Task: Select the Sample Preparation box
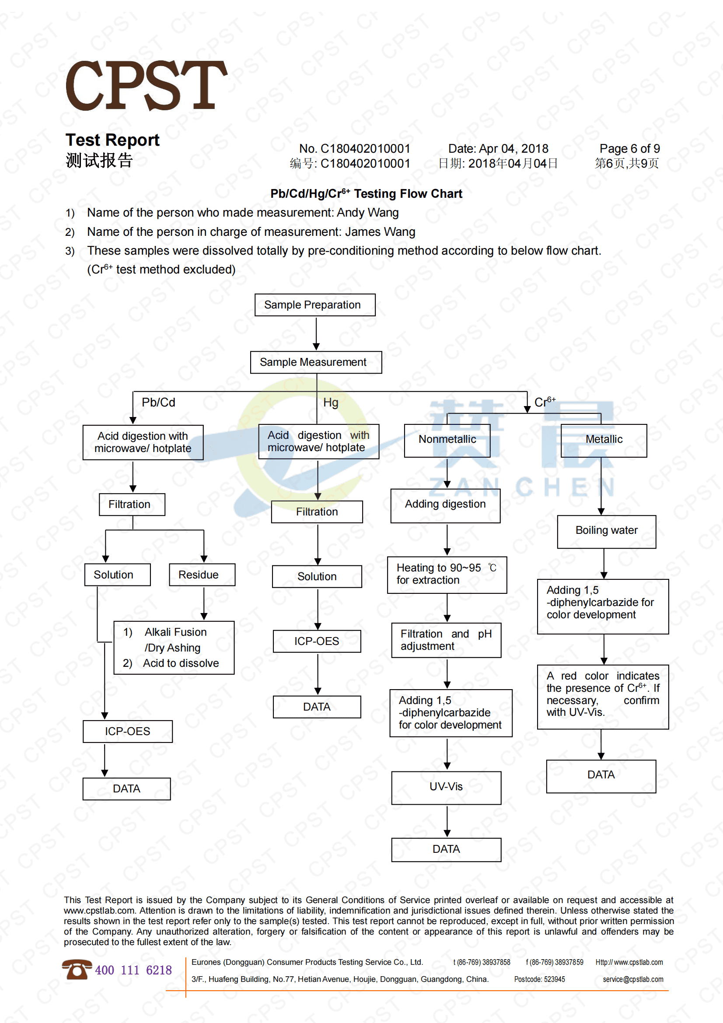point(314,305)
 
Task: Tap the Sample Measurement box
point(315,362)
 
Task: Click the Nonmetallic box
point(447,440)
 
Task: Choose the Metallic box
point(603,440)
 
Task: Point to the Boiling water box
point(606,531)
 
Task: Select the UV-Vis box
point(446,787)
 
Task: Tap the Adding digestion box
point(445,505)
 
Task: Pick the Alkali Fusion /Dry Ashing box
point(174,648)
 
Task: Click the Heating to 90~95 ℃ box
point(447,575)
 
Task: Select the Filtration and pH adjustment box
point(446,640)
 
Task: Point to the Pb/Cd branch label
point(158,403)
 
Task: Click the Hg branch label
point(331,403)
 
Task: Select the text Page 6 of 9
point(629,148)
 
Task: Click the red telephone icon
point(77,969)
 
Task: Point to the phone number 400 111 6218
point(133,970)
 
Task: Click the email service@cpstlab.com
point(632,979)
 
